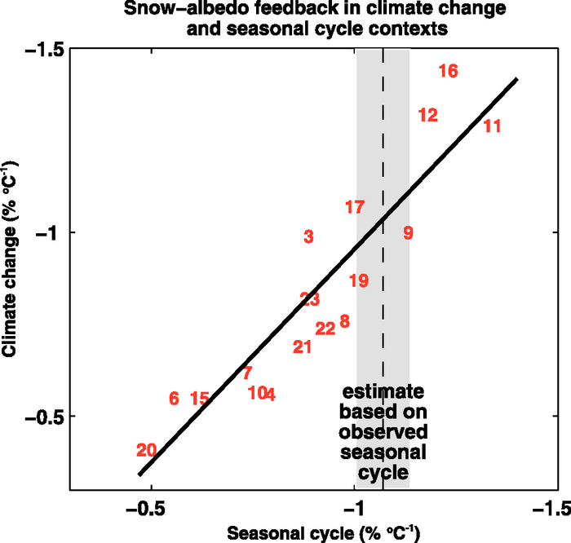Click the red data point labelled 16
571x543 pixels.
(448, 71)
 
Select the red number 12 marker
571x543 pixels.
(428, 115)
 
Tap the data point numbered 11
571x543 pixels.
(492, 126)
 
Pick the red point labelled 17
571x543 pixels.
(354, 207)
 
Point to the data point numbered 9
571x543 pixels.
(408, 233)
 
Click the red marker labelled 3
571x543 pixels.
(308, 237)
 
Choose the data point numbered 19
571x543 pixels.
(359, 281)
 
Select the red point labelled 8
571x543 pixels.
(344, 321)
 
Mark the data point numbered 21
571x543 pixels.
(303, 347)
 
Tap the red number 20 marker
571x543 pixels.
(147, 450)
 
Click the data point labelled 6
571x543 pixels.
(174, 399)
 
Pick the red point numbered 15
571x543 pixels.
(200, 399)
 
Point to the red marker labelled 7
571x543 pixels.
(247, 373)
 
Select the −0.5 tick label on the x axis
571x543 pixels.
(145, 510)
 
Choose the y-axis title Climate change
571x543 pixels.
(11, 269)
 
